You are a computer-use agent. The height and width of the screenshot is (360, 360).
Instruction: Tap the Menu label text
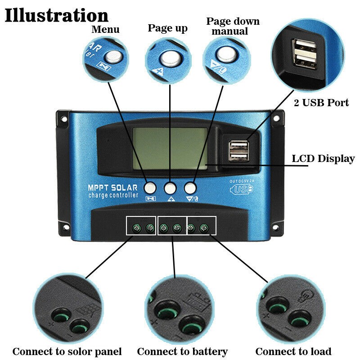point(105,30)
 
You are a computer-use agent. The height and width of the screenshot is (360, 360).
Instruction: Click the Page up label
point(167,28)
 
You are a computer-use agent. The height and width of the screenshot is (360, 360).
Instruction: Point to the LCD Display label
point(323,158)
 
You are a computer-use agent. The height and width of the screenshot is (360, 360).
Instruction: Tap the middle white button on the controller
point(170,187)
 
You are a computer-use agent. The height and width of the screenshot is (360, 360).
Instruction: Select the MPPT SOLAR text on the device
point(113,187)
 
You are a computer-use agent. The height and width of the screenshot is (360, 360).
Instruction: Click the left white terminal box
point(141,225)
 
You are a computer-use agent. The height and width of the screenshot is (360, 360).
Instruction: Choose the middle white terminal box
point(172,225)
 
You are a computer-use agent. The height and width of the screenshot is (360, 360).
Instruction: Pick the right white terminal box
point(201,225)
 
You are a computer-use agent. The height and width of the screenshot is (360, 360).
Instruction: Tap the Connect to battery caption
point(182,351)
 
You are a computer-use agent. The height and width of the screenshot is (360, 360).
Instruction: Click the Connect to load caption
point(293,351)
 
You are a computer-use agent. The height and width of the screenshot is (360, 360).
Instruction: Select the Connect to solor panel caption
point(67,351)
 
